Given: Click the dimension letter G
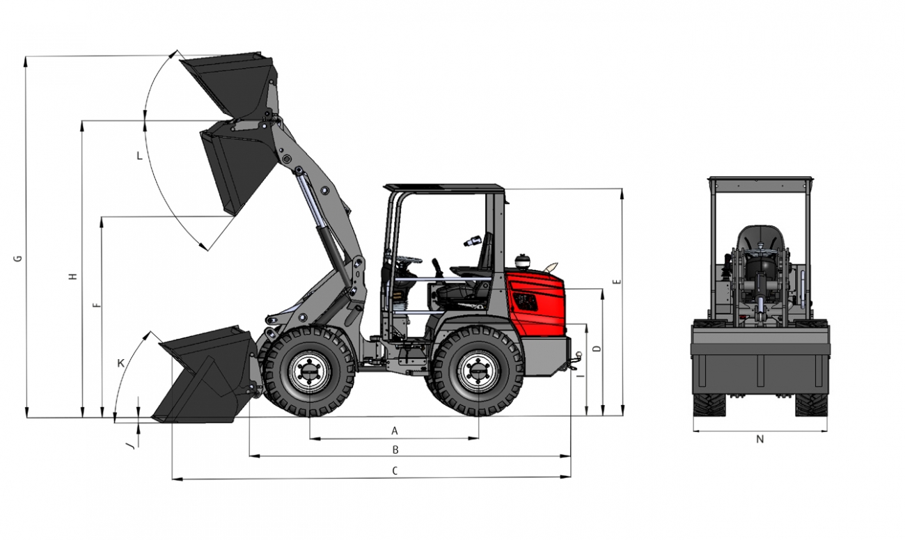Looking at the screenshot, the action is coord(18,258).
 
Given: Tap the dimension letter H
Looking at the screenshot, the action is coord(72,277).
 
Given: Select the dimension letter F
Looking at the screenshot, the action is coord(97,305).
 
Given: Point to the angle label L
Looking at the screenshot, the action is coord(139,156).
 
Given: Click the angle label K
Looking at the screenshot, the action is coord(121,363).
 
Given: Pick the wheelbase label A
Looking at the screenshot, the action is coord(395,431).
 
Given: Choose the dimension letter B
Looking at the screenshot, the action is coord(395,450).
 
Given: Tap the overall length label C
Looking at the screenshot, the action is coord(395,470).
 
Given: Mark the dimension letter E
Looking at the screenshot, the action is coord(617,282).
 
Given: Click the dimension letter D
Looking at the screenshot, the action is coord(598,349).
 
